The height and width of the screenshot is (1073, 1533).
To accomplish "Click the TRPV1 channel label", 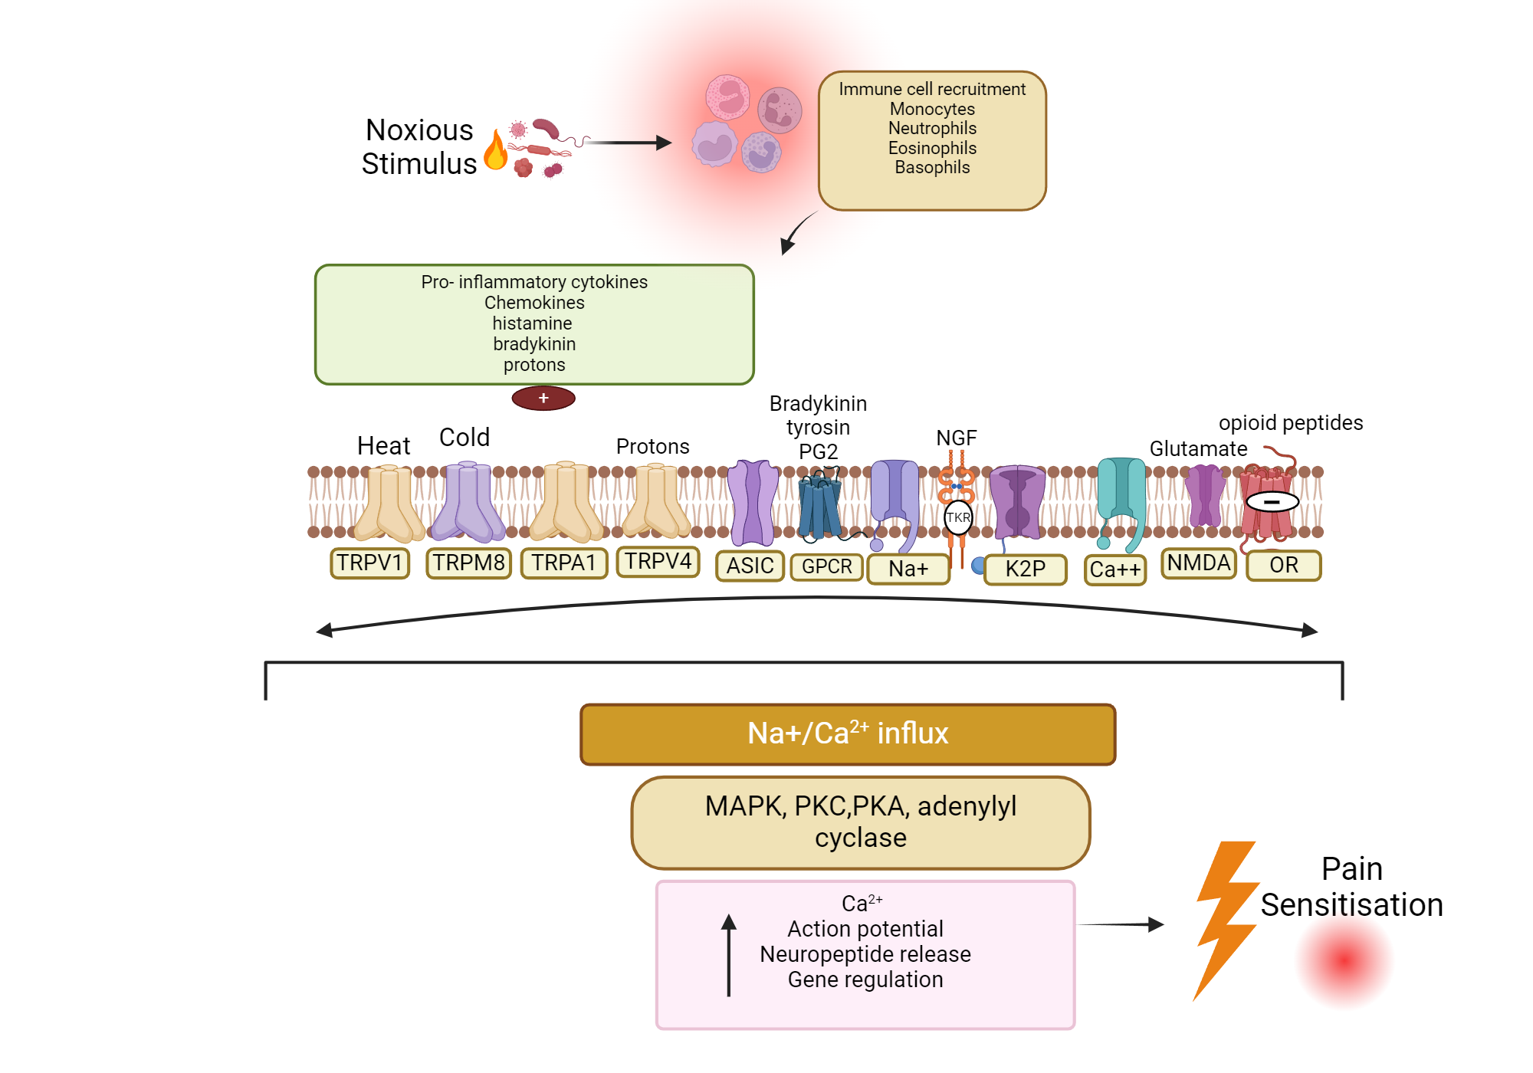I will point(369,563).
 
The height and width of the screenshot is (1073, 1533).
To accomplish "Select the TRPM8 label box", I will point(468,563).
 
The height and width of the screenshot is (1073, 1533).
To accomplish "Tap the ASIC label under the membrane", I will point(750,566).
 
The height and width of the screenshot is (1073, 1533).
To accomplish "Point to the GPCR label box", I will point(827,566).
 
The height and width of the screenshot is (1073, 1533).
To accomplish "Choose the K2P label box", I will point(1025,569).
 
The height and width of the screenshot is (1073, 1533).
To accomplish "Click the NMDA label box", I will point(1198,563).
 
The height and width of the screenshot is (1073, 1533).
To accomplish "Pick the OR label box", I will point(1284,566).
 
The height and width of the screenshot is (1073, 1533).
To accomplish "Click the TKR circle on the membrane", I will point(958,517).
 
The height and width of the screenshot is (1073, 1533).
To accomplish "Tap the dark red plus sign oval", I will point(543,399).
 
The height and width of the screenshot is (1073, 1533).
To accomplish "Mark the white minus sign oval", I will point(1272,502).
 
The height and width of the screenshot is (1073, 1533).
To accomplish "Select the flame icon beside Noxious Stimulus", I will point(496,150).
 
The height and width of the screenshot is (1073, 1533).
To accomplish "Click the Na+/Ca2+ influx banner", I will point(848,734).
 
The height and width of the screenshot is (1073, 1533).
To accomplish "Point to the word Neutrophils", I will point(932,129).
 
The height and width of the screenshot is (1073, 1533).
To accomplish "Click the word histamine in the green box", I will point(532,323).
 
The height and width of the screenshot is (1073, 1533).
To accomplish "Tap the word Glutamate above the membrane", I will point(1198,449).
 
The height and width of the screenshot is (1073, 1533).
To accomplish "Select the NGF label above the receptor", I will point(957,438).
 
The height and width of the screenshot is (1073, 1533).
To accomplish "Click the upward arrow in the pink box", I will point(729,954).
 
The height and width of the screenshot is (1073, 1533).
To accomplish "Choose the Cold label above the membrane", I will point(464,438).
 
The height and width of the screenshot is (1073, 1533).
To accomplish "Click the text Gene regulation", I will point(865,979).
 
